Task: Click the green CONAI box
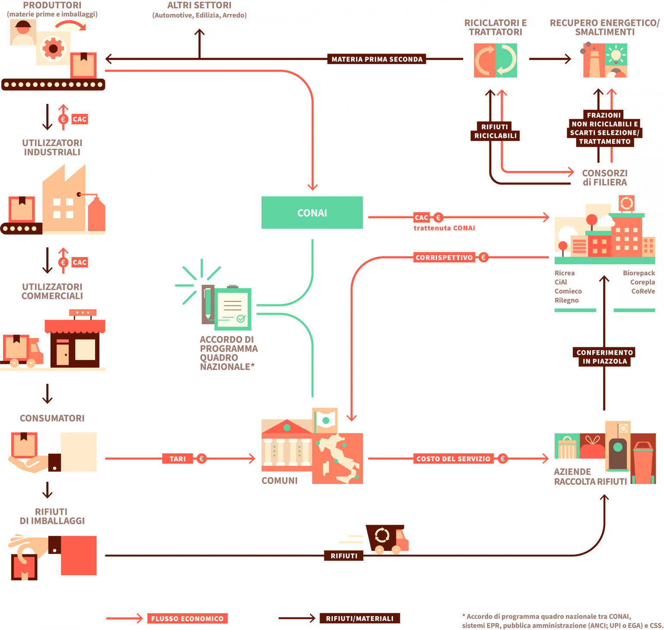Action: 312,213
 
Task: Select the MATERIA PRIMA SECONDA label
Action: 377,59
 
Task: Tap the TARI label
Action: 177,458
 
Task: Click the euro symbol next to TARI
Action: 201,458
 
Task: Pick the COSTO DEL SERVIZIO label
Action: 453,458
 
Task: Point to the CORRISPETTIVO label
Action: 444,258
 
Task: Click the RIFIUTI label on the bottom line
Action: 344,556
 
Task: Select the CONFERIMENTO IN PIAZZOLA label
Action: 604,357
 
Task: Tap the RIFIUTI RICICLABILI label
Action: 495,131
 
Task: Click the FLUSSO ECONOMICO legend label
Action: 187,618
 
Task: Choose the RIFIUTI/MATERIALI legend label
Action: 360,618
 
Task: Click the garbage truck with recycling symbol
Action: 387,539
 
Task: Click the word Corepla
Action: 642,282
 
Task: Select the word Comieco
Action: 568,291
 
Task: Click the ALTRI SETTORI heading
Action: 199,6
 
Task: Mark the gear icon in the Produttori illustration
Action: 53,48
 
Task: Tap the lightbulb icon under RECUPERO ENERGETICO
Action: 616,55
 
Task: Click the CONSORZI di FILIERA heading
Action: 604,178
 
